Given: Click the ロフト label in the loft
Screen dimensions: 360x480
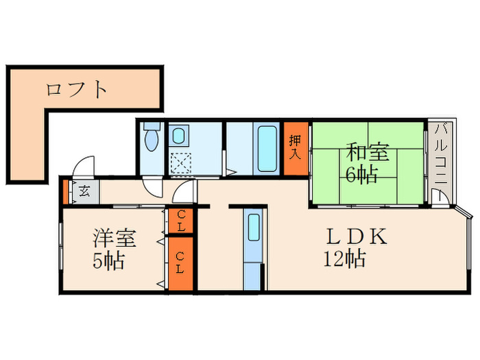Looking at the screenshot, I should (x=77, y=89).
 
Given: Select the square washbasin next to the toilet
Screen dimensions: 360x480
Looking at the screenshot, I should (x=180, y=136).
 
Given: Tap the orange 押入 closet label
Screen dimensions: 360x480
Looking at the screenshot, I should (x=295, y=147).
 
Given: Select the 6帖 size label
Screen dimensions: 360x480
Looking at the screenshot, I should (x=361, y=176).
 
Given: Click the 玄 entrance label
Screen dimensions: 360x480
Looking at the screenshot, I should (x=83, y=191).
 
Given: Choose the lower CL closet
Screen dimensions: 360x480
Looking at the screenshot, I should (x=180, y=263).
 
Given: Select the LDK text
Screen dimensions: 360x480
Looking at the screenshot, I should (x=357, y=237).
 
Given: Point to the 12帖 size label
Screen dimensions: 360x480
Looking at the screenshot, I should (x=345, y=260).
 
